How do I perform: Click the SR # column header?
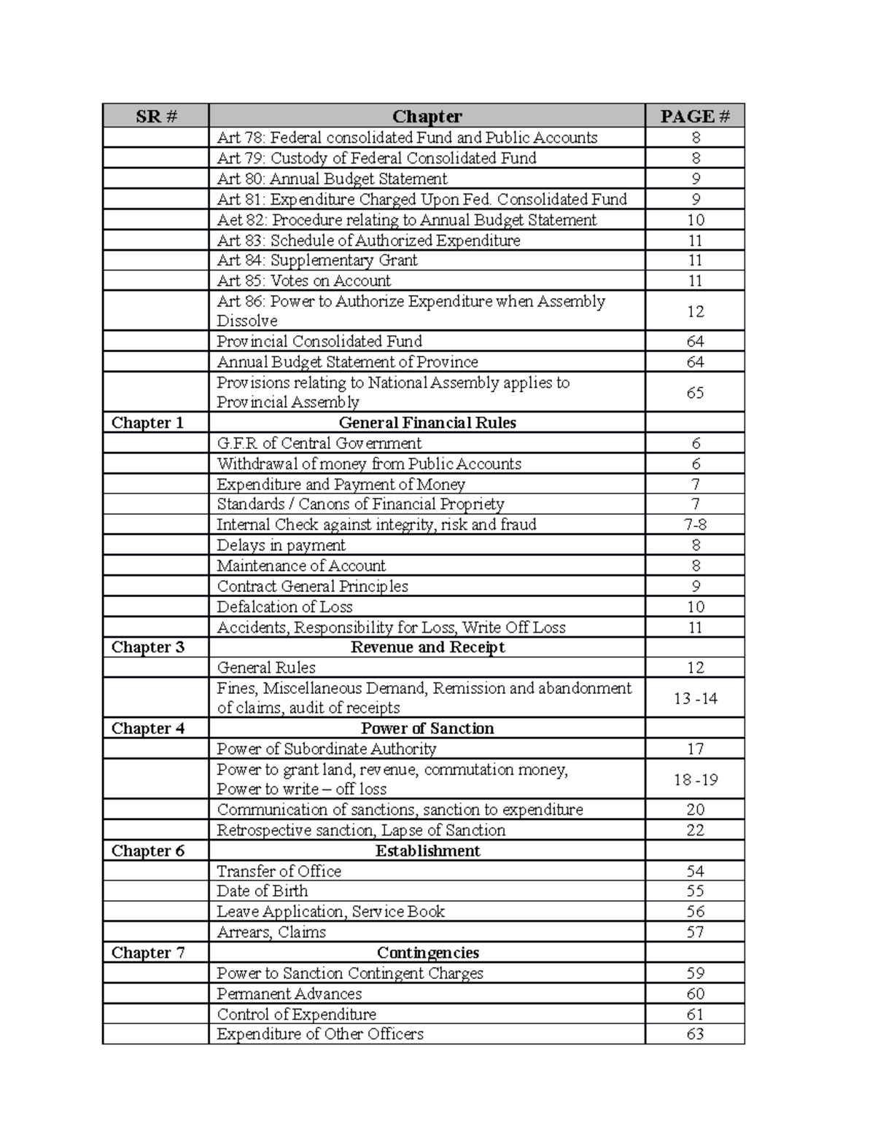pos(155,116)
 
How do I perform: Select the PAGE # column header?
pos(694,116)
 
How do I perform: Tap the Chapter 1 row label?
pos(147,423)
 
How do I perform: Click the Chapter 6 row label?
pos(148,851)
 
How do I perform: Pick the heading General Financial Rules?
pos(427,423)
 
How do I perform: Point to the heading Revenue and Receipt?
pos(427,647)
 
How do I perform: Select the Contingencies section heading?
pos(427,953)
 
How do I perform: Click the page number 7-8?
pos(695,525)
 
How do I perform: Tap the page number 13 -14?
pos(695,698)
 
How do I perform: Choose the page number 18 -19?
pos(695,779)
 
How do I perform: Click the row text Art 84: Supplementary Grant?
pos(317,260)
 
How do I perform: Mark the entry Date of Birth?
pos(262,891)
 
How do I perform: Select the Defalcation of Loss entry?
pos(284,606)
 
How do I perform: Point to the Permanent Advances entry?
pos(289,994)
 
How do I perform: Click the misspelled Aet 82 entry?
pos(406,220)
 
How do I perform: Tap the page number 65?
pos(695,393)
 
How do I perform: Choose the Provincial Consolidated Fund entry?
pos(319,341)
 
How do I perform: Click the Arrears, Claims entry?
pos(271,932)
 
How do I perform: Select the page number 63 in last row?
pos(695,1034)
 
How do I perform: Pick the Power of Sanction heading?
pos(427,728)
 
